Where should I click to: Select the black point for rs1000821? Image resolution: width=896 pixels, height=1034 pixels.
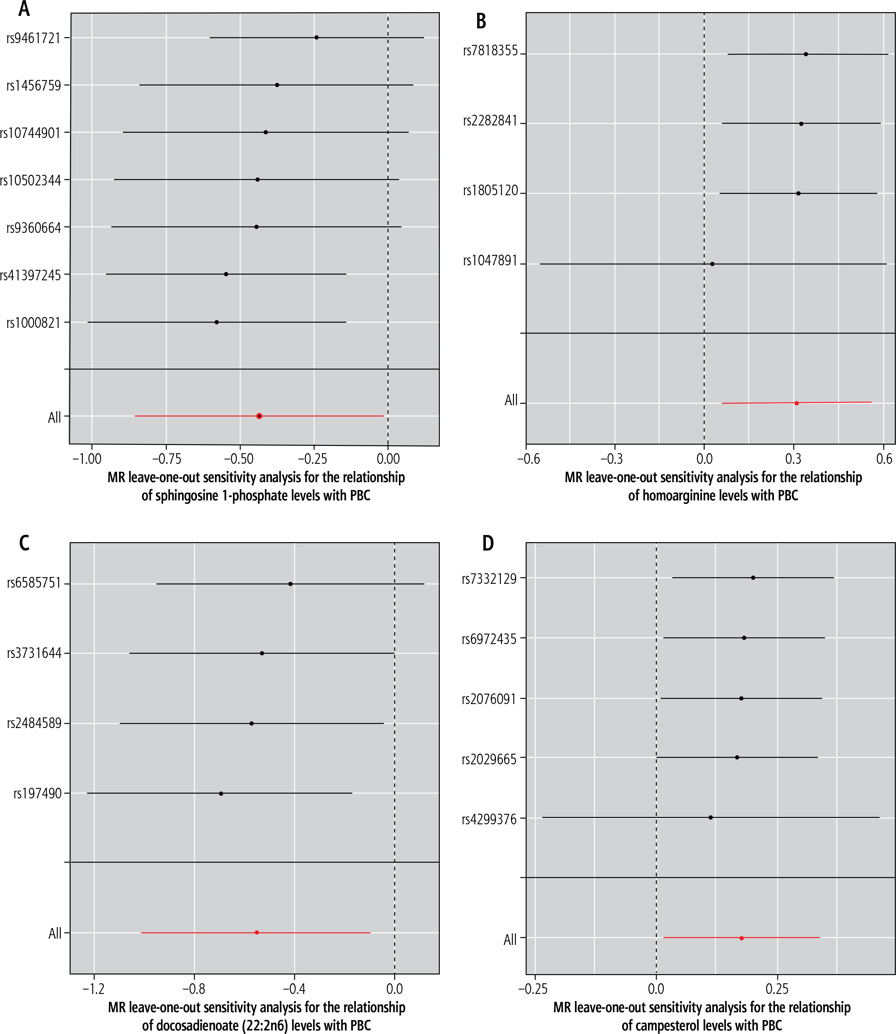(x=216, y=322)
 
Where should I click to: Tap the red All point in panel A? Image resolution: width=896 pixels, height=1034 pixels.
(x=259, y=416)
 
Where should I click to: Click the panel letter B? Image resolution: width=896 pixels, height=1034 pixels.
(x=481, y=21)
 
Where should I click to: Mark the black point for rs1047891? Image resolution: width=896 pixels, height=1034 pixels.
(x=712, y=264)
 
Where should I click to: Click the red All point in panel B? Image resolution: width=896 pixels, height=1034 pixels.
(x=797, y=403)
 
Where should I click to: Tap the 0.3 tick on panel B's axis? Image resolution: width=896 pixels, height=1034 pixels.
(x=794, y=459)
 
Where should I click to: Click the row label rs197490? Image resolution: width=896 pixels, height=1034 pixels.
(x=38, y=793)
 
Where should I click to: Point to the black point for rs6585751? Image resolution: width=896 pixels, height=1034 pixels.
(x=290, y=584)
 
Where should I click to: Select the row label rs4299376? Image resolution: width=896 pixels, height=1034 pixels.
(x=489, y=819)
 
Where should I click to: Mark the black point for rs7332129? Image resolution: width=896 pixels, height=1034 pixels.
(x=753, y=578)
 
